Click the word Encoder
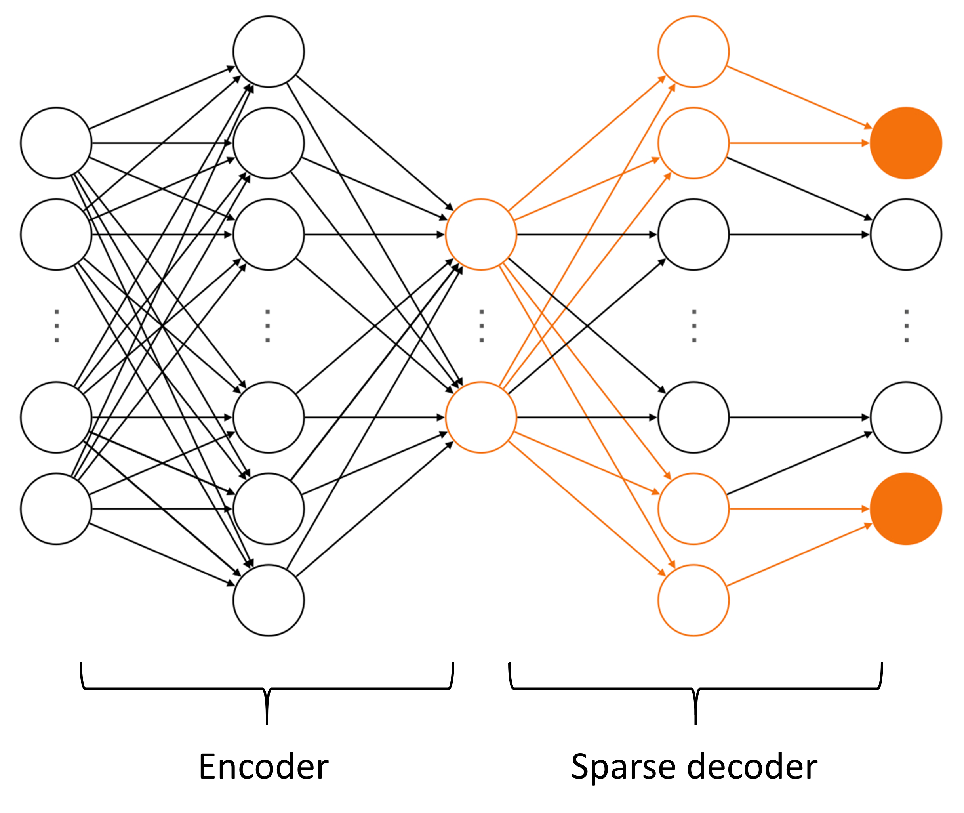tap(264, 767)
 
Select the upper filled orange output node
tap(906, 143)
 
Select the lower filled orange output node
tap(906, 509)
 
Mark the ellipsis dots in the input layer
tap(57, 326)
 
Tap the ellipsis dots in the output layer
tap(907, 326)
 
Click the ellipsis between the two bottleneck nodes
tap(482, 326)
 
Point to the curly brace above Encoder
tap(267, 689)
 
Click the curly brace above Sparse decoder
tap(696, 689)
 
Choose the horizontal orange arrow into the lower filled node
tap(800, 509)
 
